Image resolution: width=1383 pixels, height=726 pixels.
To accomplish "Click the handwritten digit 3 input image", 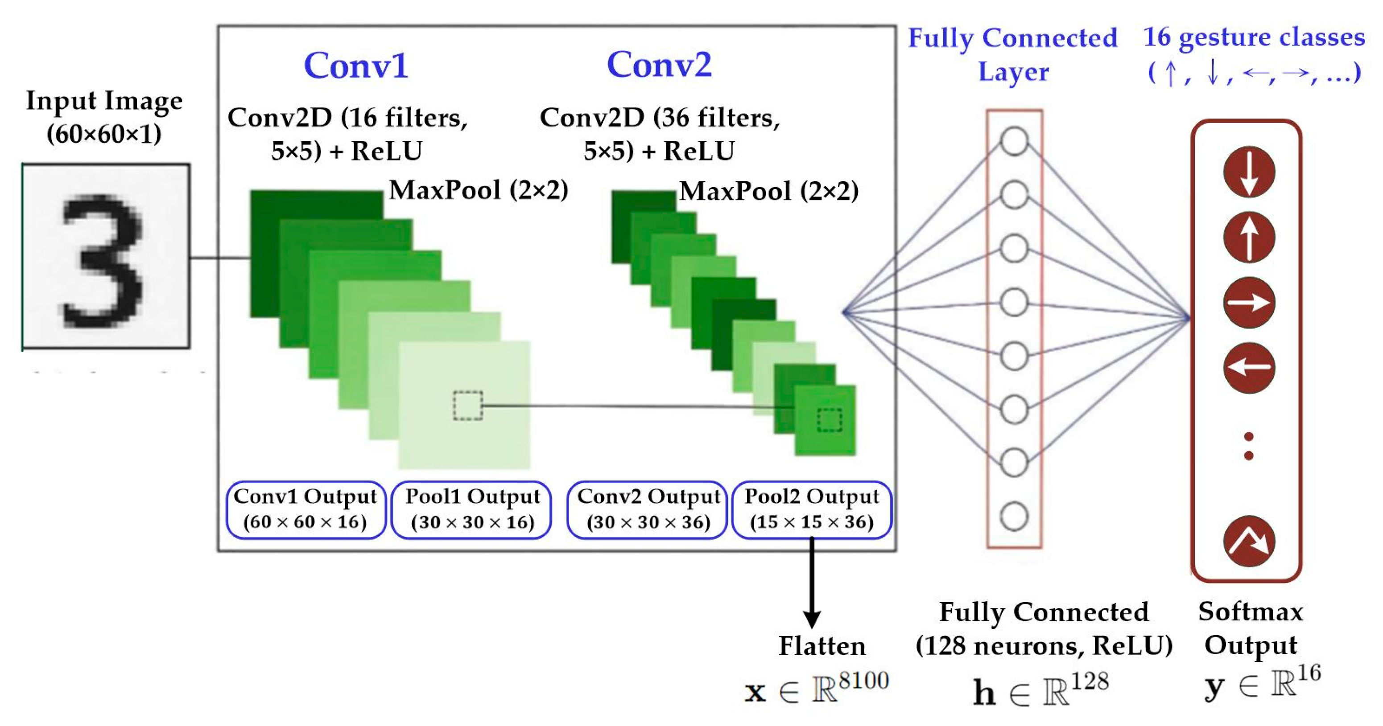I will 106,257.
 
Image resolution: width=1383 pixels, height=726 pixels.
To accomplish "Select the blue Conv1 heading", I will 356,66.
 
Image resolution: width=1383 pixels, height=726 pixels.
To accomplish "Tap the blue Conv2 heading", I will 659,64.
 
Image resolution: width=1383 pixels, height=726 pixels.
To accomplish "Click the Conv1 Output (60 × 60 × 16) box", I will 305,509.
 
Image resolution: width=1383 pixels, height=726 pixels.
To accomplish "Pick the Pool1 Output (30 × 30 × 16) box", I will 472,509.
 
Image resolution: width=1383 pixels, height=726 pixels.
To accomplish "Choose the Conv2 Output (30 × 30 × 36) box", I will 648,509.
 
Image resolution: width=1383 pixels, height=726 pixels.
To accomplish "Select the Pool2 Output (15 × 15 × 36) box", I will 812,509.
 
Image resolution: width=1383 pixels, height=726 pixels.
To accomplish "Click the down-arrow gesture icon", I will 1249,172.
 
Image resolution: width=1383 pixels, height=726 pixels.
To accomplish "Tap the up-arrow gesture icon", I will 1249,237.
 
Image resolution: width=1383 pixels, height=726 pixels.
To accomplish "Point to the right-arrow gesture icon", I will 1249,303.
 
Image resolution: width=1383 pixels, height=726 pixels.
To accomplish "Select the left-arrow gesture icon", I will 1249,368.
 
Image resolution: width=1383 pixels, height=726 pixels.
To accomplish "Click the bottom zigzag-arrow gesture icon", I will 1249,541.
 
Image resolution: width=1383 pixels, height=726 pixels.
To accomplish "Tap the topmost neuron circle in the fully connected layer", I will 1014,141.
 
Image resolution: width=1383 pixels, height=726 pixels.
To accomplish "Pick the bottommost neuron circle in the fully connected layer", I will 1014,516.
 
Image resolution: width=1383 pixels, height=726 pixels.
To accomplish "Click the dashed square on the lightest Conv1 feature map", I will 468,406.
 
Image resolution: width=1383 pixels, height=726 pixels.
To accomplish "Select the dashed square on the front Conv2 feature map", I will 830,420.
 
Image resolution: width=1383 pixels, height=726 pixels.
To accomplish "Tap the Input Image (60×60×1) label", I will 104,116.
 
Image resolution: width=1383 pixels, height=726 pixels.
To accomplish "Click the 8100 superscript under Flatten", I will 863,681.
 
